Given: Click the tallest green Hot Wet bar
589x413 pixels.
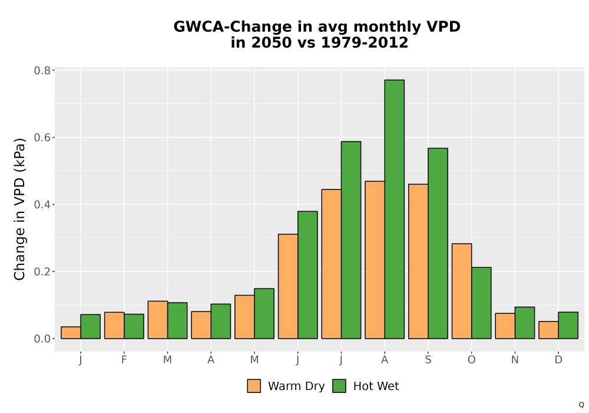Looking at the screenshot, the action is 395,209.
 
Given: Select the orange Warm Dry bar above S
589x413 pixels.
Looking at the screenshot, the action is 418,261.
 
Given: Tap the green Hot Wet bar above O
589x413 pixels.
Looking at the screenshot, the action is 481,303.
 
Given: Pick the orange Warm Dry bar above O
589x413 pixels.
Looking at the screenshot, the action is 462,291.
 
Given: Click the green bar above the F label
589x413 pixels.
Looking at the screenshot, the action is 134,326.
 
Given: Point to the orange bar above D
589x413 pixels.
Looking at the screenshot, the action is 548,330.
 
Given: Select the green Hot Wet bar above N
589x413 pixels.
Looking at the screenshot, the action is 525,323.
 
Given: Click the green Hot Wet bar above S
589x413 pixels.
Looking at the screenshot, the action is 438,243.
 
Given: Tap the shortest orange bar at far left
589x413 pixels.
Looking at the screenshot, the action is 71,333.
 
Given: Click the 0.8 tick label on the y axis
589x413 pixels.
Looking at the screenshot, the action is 42,70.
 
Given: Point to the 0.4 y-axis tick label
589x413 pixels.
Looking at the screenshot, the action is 42,205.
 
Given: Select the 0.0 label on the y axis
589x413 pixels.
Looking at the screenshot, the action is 42,339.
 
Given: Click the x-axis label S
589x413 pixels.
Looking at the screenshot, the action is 428,360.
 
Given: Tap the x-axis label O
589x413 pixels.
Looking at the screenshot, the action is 471,360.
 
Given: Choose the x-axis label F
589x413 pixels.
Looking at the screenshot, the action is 124,360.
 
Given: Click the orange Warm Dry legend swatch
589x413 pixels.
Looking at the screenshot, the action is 254,386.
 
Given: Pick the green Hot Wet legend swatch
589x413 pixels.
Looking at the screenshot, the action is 339,386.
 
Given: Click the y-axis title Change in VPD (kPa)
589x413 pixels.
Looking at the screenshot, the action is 19,209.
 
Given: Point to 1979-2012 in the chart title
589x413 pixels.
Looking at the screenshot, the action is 365,42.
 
